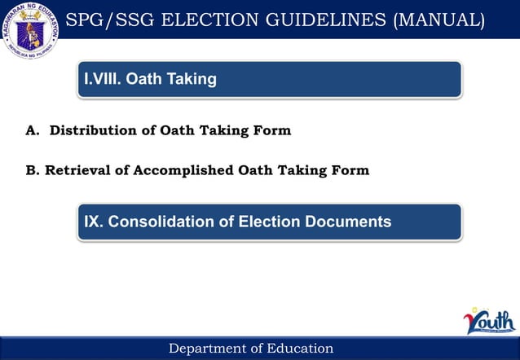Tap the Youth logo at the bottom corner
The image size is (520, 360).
(x=489, y=322)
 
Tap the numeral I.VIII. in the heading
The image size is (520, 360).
(x=103, y=79)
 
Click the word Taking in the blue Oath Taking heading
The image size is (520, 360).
(x=190, y=79)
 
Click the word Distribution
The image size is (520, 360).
(x=87, y=130)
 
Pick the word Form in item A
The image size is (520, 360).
(x=272, y=130)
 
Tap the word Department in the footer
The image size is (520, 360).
(x=207, y=349)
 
